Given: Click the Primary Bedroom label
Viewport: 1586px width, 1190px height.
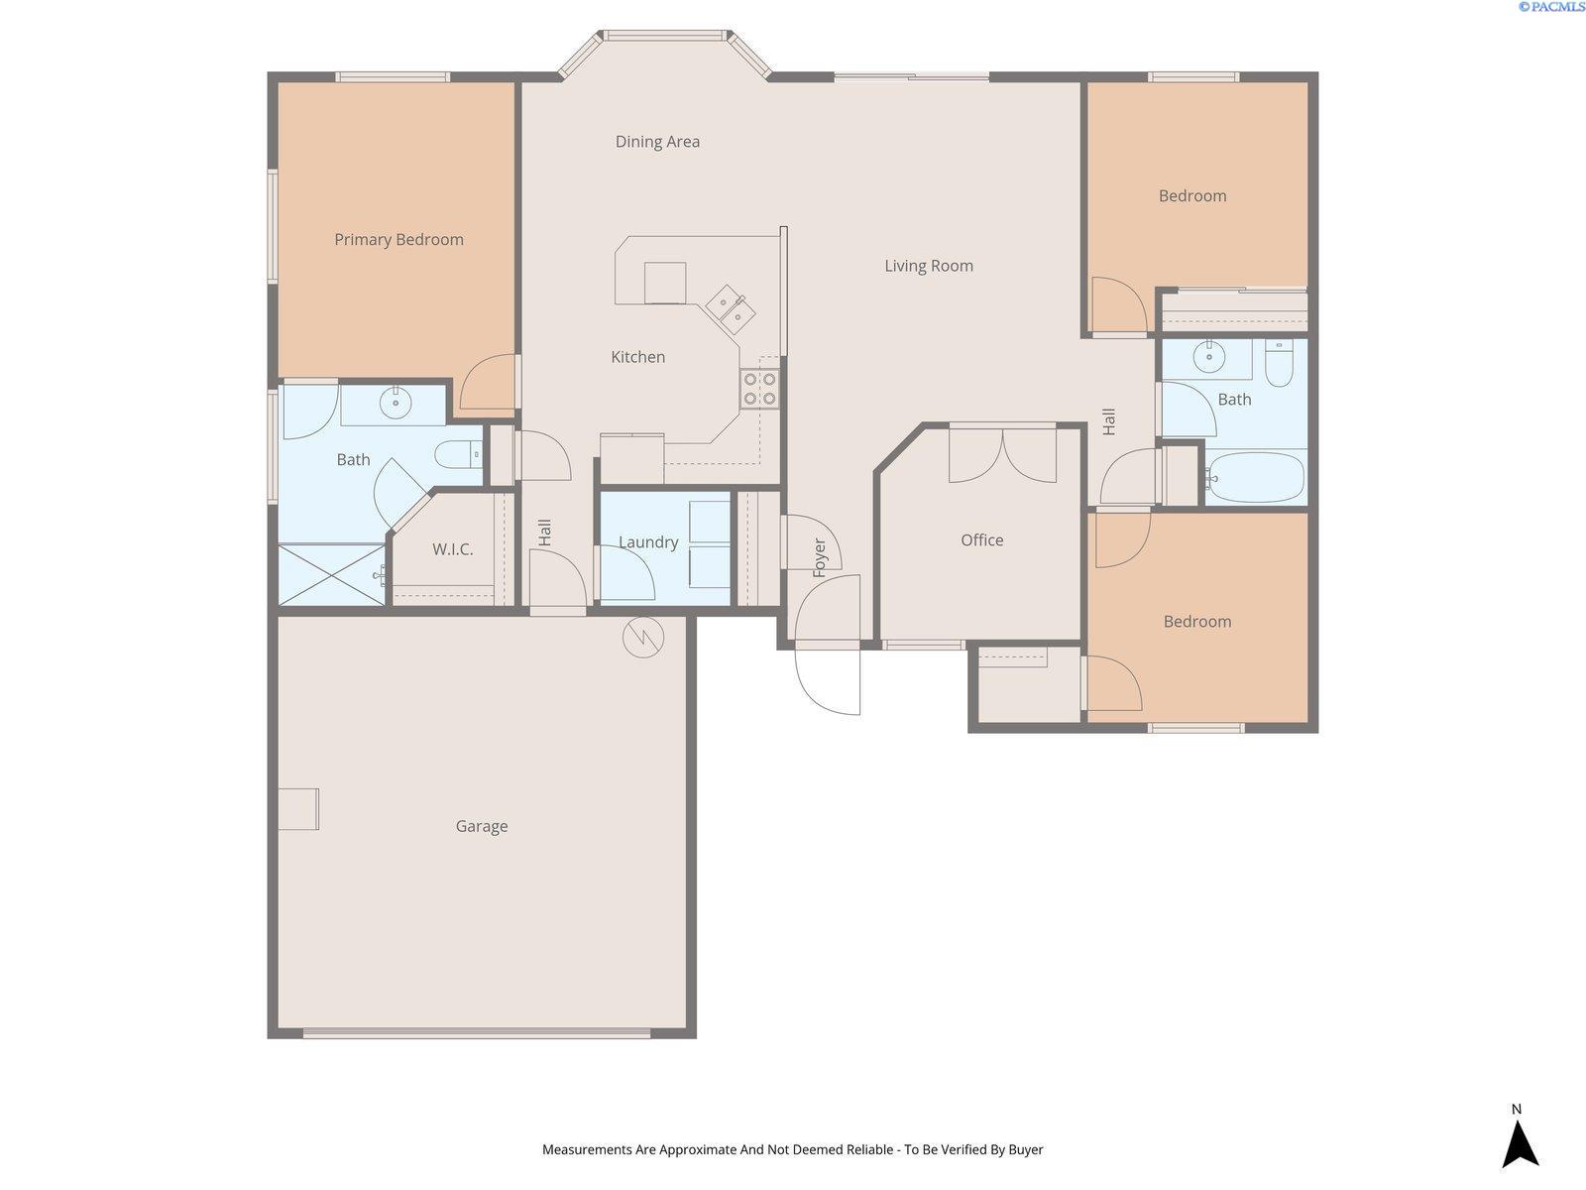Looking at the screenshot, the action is pos(398,240).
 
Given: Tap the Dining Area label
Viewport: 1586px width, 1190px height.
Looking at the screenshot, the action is pos(657,142).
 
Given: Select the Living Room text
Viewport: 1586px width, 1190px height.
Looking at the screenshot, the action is pos(929,266).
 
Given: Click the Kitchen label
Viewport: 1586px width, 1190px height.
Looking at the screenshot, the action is pos(638,357).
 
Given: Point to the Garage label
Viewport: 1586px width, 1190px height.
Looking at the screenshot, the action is pos(482,826).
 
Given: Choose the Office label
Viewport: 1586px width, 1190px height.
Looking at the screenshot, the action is pos(982,540).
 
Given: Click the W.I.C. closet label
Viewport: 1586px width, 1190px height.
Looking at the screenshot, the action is pos(453,549).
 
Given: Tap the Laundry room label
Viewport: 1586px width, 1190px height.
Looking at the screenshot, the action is pos(648,541).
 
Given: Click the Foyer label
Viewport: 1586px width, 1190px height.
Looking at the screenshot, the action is pos(819,557).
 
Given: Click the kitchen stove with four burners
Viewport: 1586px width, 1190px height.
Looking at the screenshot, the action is pos(759,389).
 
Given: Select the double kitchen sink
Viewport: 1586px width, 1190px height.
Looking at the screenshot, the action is pos(731,309).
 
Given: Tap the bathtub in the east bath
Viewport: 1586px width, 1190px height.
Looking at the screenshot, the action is pos(1255,478).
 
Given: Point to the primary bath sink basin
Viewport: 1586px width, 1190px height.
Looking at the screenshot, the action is pos(396,403).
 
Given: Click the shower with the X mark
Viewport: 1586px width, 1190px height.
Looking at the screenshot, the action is pos(332,575).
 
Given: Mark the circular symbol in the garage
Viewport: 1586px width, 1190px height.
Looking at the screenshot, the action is pos(643,638).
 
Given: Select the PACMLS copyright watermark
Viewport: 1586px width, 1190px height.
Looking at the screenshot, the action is pos(1551,7).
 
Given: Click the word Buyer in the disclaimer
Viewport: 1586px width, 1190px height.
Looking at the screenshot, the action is pos(1026,1149).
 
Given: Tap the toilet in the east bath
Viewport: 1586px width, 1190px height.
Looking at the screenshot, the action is pos(1279,363).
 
